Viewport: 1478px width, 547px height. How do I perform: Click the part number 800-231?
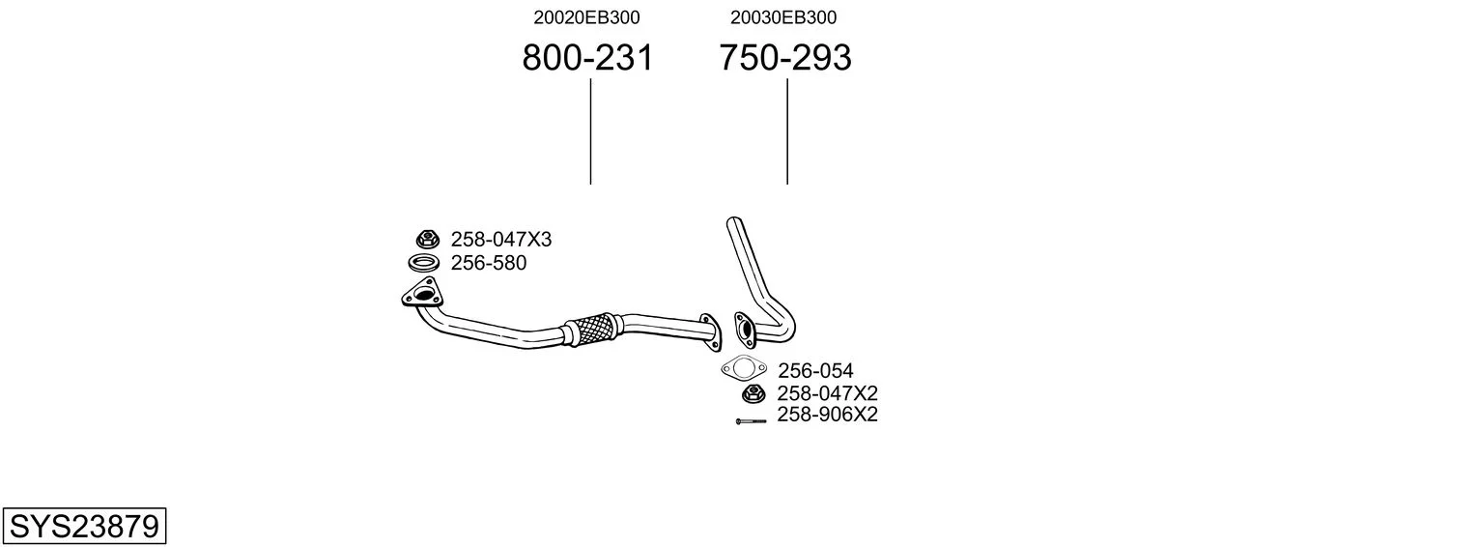pos(587,57)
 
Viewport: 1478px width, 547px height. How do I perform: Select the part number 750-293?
pos(785,57)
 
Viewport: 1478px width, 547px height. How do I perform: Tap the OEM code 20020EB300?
pos(586,17)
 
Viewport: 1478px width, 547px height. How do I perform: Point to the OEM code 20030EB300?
pos(783,17)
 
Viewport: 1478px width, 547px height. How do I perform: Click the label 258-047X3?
pos(500,239)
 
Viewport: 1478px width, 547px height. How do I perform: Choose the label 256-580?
pos(488,263)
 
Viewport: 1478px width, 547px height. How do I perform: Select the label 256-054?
pos(815,370)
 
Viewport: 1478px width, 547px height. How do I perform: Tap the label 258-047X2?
pos(828,393)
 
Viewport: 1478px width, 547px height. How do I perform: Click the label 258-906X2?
pos(828,415)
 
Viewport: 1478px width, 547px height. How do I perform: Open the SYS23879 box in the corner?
pos(84,526)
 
